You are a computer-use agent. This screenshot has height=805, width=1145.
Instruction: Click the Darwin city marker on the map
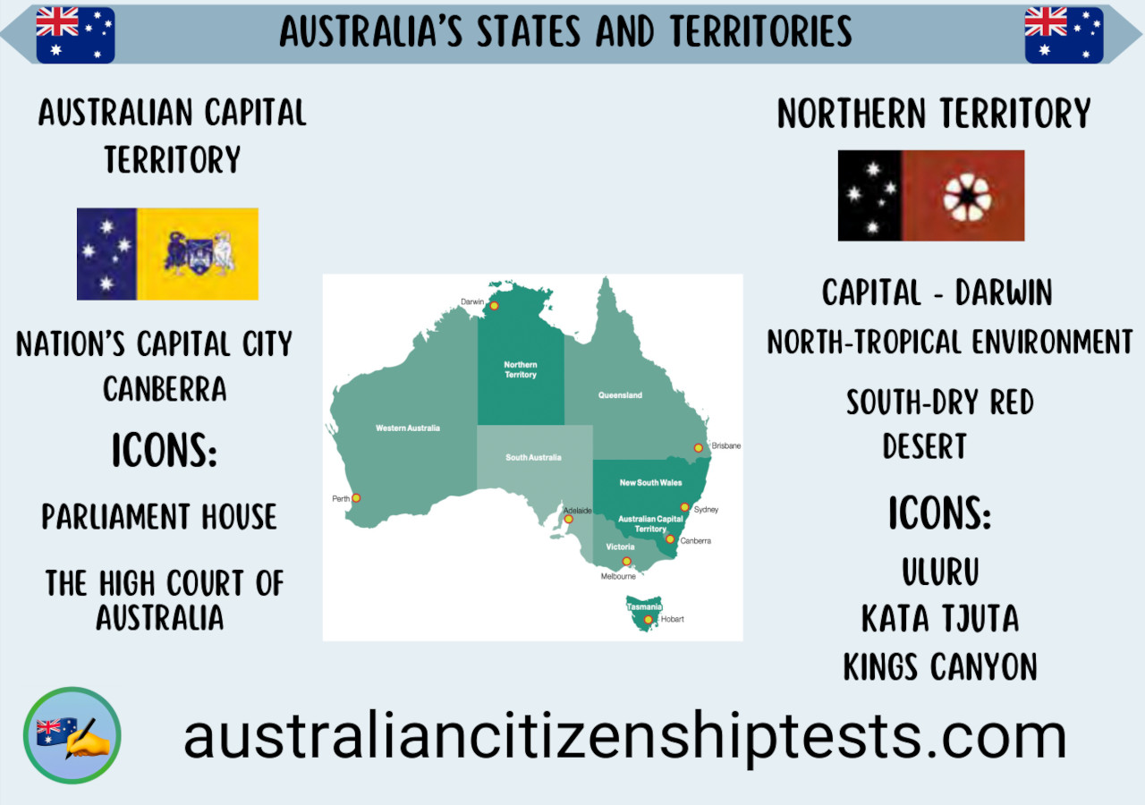494,306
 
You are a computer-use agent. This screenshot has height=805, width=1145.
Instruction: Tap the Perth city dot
356,498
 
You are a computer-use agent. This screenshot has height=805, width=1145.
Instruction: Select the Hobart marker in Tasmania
649,619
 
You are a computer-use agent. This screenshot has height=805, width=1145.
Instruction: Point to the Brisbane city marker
699,448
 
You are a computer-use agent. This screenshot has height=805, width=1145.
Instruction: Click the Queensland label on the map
621,394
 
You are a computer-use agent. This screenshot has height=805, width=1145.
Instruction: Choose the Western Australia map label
408,428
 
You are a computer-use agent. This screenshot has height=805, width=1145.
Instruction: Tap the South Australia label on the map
533,457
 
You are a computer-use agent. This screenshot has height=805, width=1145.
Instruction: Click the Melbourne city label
618,577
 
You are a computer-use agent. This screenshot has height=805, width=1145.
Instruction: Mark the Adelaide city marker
568,519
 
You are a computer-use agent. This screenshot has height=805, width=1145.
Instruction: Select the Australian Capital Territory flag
167,254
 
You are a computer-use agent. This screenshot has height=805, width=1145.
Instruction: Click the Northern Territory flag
931,196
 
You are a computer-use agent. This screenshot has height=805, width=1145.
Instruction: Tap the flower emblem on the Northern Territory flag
967,196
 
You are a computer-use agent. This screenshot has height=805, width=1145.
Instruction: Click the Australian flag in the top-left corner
75,35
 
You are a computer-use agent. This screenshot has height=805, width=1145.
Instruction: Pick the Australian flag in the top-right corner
1064,35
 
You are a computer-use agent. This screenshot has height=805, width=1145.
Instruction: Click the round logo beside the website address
72,736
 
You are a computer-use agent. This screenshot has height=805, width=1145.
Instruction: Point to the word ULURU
940,572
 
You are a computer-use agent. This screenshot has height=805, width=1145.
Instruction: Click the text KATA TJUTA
940,619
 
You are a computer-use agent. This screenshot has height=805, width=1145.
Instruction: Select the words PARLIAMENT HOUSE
159,517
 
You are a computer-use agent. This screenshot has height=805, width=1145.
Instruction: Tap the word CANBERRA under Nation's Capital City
165,389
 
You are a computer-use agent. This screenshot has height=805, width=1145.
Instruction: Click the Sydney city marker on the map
685,507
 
